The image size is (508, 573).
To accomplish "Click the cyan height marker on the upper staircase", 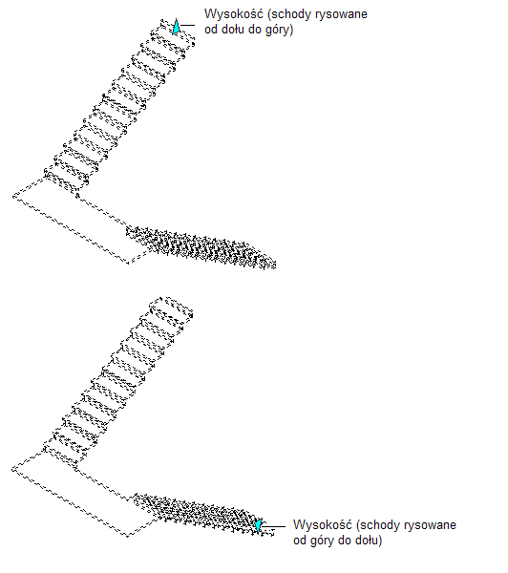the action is [x=176, y=27].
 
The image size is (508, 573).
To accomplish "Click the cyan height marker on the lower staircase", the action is [x=259, y=525].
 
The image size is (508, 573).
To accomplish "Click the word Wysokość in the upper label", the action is [x=234, y=14].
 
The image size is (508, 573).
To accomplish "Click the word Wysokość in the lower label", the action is [x=323, y=525].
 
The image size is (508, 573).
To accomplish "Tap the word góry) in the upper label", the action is [x=279, y=30].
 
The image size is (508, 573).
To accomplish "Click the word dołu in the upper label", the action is [x=232, y=30].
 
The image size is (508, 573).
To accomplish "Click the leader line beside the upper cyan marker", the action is [x=187, y=25].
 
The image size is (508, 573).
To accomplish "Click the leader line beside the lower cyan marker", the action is [x=274, y=526].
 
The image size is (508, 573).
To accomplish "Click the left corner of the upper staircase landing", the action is [x=13, y=197].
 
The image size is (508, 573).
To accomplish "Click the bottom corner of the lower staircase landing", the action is [x=128, y=536].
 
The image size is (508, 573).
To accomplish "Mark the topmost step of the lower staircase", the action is [x=172, y=308].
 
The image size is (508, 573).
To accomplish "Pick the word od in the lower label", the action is [x=300, y=541].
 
